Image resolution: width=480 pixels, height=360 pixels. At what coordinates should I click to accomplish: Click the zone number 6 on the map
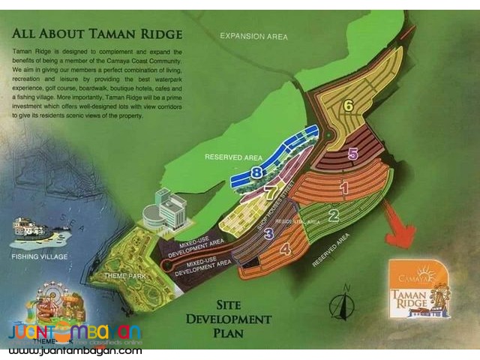pos(349,105)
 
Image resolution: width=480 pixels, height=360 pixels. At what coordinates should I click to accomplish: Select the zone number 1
pos(344,189)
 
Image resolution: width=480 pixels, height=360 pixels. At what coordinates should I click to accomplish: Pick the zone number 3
pos(268,233)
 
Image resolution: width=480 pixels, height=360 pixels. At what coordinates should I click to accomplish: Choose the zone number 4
pos(285,250)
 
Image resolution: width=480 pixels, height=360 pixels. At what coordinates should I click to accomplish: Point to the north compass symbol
pos(340,304)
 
